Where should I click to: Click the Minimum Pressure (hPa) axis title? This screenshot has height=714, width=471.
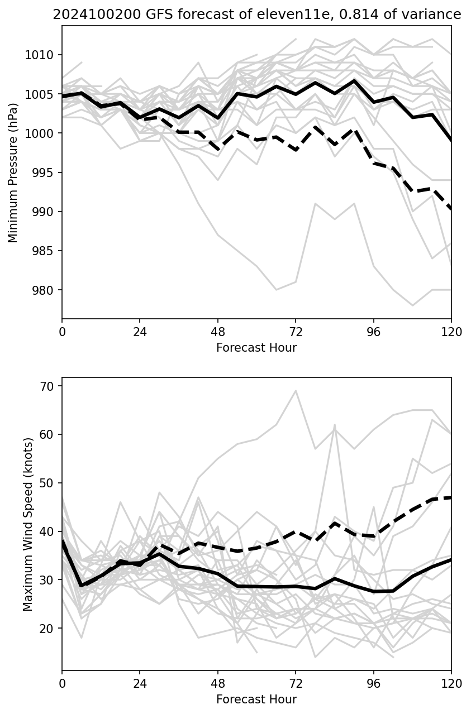[x=13, y=172]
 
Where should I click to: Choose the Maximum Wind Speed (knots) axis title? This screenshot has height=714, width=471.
[x=28, y=524]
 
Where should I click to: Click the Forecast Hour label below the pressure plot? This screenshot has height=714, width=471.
[x=256, y=348]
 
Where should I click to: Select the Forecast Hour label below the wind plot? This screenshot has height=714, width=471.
[x=256, y=699]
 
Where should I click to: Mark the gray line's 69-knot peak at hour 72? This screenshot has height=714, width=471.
[x=296, y=391]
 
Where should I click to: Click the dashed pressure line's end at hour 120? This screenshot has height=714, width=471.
[x=451, y=209]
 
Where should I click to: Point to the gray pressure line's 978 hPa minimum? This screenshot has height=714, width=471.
[x=412, y=305]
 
